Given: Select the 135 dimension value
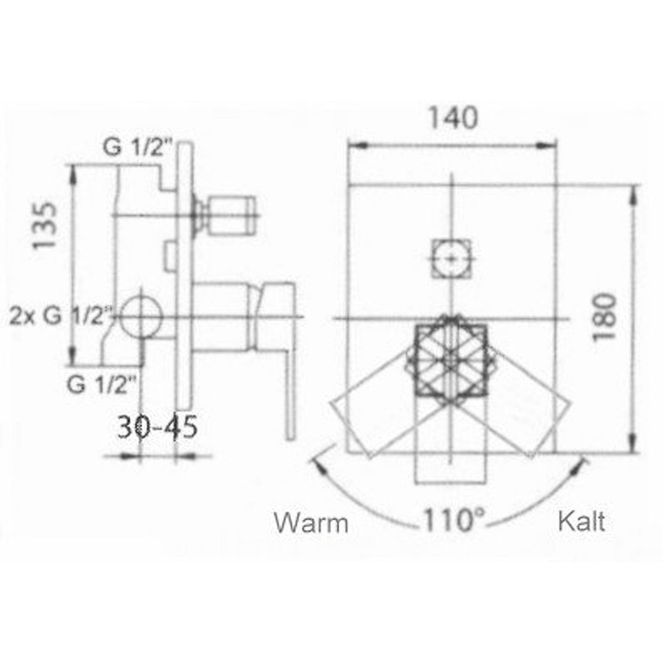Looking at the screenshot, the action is pyautogui.click(x=45, y=226).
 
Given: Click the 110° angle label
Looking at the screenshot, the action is pyautogui.click(x=454, y=521).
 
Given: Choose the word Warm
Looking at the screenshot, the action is pyautogui.click(x=311, y=523).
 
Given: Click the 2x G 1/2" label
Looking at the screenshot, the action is pyautogui.click(x=62, y=316).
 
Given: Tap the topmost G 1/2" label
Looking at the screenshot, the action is pyautogui.click(x=138, y=147).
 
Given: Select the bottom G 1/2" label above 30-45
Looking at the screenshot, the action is pyautogui.click(x=102, y=384).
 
